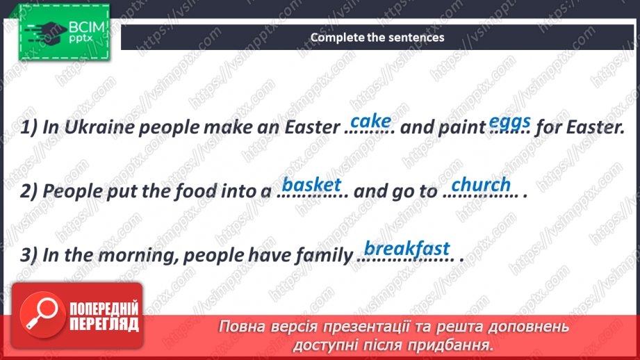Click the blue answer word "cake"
371,121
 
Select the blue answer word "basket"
312,184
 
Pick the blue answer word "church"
481,185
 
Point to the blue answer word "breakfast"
407,248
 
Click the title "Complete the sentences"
377,38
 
